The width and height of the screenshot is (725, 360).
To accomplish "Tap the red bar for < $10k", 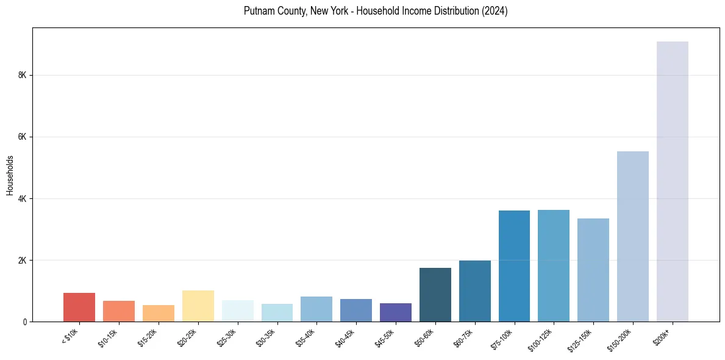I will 79,307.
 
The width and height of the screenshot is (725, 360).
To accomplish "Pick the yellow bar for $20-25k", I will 198,306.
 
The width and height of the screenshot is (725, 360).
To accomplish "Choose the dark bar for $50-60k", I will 435,295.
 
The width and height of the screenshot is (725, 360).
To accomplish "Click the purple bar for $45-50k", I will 395,312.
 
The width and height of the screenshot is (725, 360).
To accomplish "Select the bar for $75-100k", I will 514,266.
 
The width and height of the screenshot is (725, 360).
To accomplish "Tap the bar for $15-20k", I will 158,313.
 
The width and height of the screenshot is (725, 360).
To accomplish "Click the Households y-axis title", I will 10,175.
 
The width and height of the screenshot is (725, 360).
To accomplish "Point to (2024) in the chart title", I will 496,11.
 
